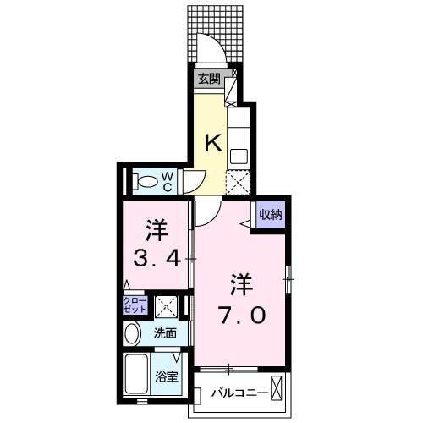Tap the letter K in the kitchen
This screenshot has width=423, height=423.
tap(213, 142)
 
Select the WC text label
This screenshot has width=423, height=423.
tap(168, 180)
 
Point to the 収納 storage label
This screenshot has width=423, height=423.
tap(270, 214)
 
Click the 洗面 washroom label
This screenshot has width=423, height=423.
tap(166, 333)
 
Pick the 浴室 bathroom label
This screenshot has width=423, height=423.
tap(165, 376)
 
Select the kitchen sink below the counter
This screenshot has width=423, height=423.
tap(239, 156)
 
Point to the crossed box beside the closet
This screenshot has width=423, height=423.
tap(166, 306)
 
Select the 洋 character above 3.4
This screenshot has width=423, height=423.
tap(155, 228)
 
